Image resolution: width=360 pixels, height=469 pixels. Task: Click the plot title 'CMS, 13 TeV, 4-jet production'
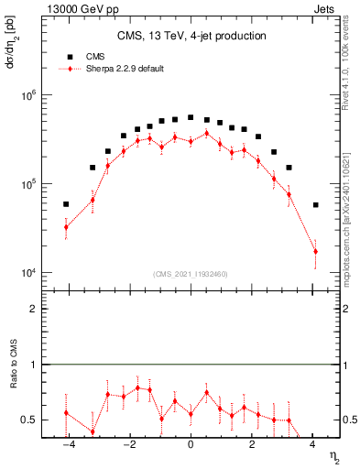coord(191,36)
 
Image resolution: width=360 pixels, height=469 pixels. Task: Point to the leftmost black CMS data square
coord(66,204)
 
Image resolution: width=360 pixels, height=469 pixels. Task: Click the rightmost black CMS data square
coord(315,205)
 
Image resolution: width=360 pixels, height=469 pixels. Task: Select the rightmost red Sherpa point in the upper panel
coord(315,251)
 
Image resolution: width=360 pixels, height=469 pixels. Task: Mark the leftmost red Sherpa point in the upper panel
coord(66,227)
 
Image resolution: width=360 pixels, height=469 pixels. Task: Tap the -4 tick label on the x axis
coord(66,446)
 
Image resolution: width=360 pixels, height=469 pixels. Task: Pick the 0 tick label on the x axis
coord(191,446)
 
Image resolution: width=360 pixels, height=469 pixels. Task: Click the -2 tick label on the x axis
coord(128,446)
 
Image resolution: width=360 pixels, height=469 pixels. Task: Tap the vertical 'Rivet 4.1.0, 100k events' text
coord(352,63)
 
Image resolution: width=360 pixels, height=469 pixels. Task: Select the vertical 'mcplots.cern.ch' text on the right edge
coord(352,229)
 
